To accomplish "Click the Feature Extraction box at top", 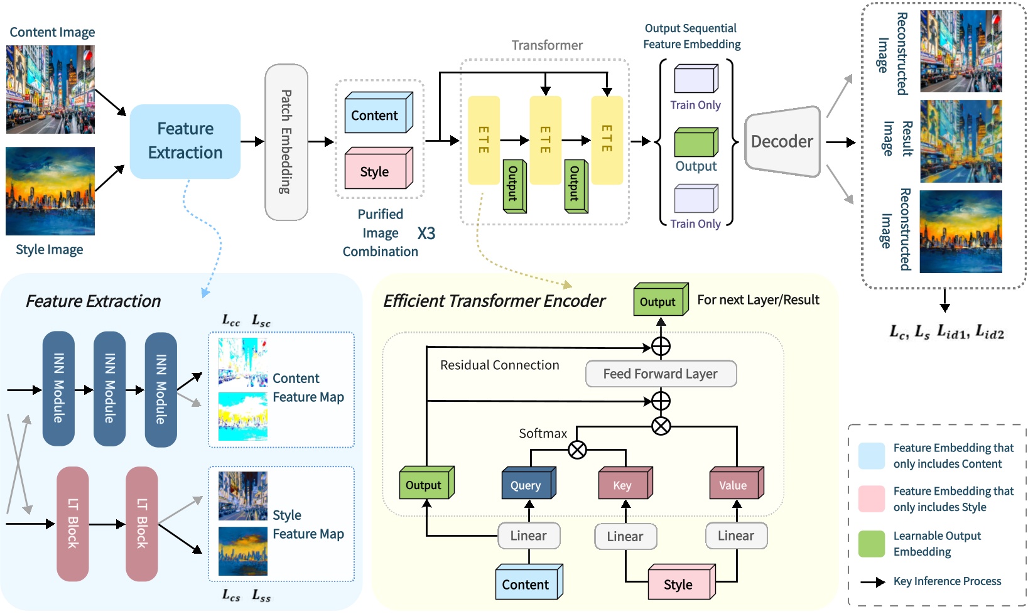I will [x=185, y=141].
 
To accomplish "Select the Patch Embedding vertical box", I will [x=286, y=142].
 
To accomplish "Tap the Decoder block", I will [x=782, y=141].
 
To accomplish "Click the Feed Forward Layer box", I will [x=661, y=374].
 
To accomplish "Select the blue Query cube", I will [x=528, y=484].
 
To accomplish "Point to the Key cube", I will [x=624, y=484].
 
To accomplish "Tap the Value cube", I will [x=735, y=484].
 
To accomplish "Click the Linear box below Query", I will [x=529, y=536].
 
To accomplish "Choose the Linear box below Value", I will [x=736, y=536].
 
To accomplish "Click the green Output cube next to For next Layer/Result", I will [x=659, y=301].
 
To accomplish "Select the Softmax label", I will [x=543, y=433].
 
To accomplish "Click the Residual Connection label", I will [x=499, y=365].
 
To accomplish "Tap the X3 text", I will [x=426, y=234].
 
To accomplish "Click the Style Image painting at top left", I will [x=50, y=191].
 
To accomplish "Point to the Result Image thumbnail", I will [x=961, y=141].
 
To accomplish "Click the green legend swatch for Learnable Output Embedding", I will [x=872, y=544].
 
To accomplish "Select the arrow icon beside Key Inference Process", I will [x=872, y=582].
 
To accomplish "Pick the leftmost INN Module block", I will [x=58, y=389].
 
